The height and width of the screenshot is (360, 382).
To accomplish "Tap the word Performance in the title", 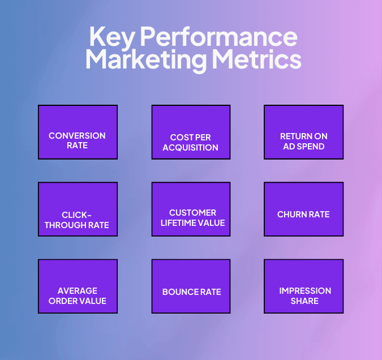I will pyautogui.click(x=218, y=38).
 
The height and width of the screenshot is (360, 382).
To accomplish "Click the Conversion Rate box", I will pyautogui.click(x=78, y=132).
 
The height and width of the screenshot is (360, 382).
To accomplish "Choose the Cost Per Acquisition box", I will pyautogui.click(x=191, y=132).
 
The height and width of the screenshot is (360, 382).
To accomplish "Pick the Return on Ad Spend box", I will pyautogui.click(x=303, y=132).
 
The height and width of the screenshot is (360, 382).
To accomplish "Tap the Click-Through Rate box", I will pyautogui.click(x=78, y=209).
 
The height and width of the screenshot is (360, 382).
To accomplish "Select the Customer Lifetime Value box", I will pyautogui.click(x=191, y=209).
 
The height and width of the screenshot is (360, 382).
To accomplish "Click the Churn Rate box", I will pyautogui.click(x=303, y=209).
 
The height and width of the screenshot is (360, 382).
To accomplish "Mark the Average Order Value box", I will pyautogui.click(x=78, y=286).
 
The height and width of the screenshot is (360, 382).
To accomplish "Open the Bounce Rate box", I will pyautogui.click(x=191, y=286).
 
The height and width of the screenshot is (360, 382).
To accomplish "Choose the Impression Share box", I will pyautogui.click(x=303, y=286).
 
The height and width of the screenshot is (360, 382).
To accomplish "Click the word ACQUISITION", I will pyautogui.click(x=191, y=148).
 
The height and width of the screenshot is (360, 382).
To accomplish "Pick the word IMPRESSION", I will pyautogui.click(x=305, y=291).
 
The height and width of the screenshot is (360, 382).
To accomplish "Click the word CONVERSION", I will pyautogui.click(x=77, y=136).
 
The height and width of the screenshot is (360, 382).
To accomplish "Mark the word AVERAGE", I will pyautogui.click(x=78, y=291).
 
